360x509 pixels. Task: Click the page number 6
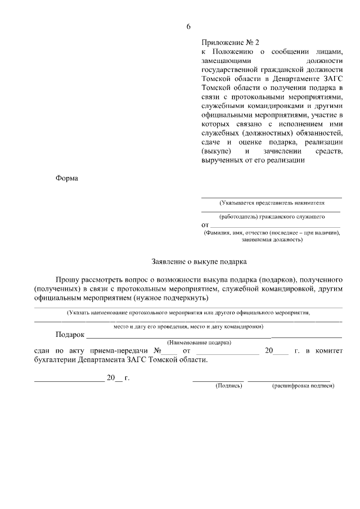point(189,26)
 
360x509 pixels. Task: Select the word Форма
point(67,179)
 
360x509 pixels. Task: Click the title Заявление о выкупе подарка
point(199,262)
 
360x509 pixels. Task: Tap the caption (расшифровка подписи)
point(303,386)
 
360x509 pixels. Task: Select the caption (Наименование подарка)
point(200,342)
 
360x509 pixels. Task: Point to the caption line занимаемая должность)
point(272,240)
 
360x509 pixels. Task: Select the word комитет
point(327,350)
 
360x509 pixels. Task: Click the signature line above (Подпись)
point(218,381)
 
